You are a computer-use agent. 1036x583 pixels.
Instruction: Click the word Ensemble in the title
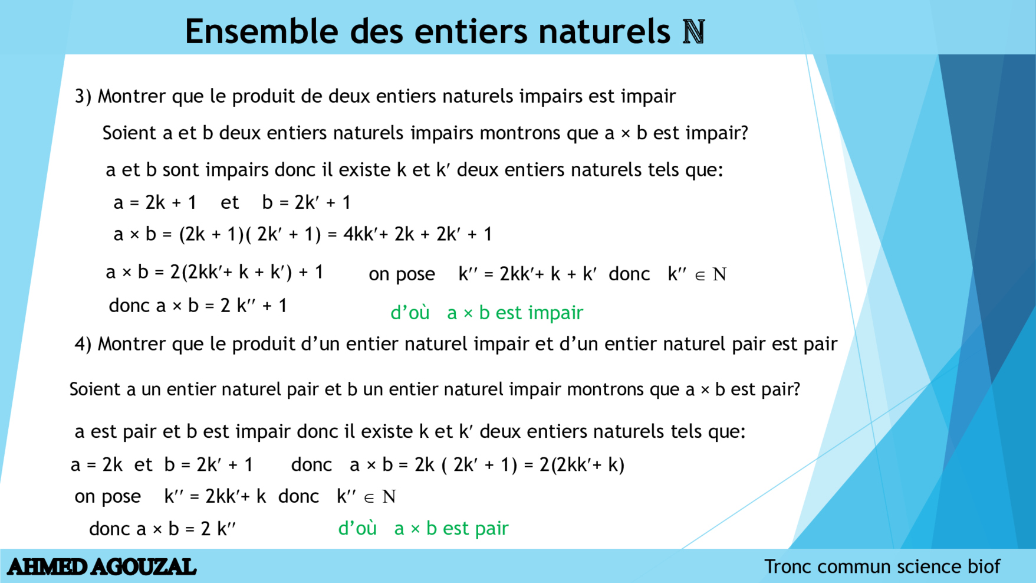point(261,31)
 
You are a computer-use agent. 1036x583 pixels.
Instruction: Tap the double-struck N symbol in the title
point(693,32)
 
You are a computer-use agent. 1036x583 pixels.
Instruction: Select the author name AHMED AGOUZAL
point(101,567)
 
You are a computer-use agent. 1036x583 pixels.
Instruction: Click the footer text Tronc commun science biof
point(882,566)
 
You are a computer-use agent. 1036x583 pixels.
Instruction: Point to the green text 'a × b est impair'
point(515,313)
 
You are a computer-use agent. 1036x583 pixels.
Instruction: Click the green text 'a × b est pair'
point(451,528)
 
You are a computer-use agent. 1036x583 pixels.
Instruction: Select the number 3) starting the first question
point(83,96)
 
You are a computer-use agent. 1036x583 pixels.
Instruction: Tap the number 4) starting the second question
point(83,344)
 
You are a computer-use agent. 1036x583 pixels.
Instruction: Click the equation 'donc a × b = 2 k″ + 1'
point(198,306)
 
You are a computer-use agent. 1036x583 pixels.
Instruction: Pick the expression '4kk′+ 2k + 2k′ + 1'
point(418,234)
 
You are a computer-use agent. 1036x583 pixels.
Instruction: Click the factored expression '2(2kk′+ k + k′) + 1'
point(247,272)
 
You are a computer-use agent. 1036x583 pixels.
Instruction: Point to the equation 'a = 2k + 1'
point(155,202)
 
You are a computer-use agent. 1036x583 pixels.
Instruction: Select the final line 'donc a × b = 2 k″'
point(163,529)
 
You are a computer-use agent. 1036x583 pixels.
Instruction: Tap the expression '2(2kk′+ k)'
point(582,465)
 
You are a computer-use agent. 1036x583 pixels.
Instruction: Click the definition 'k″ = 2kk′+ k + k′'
point(528,274)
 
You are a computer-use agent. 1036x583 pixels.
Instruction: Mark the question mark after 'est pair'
point(795,389)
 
